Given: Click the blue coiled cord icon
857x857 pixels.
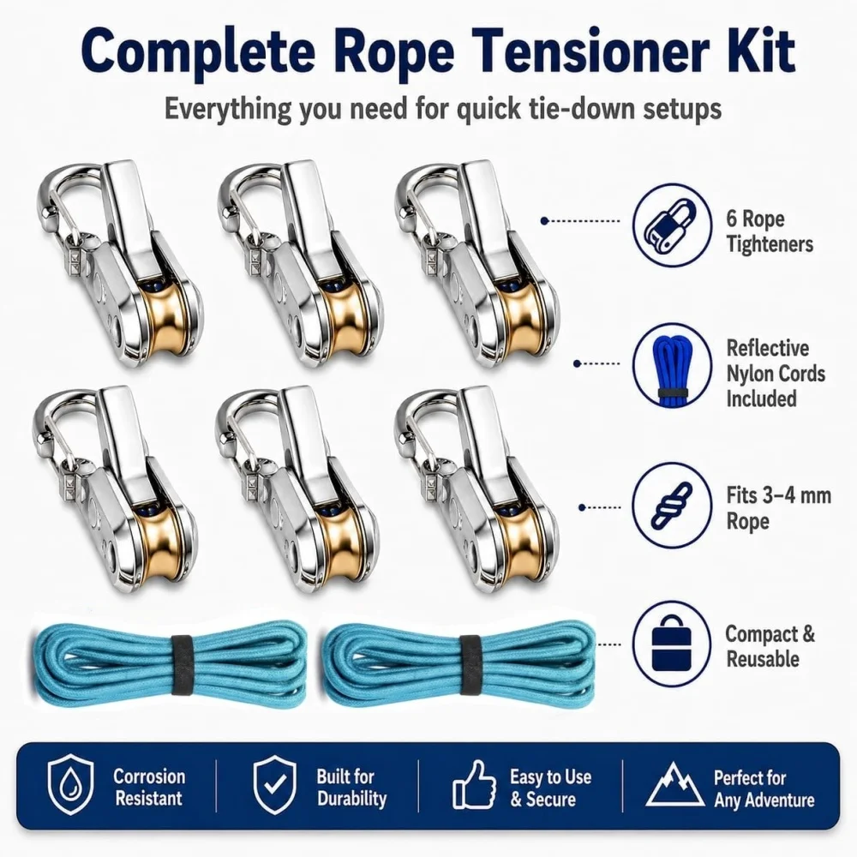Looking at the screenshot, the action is (x=672, y=365).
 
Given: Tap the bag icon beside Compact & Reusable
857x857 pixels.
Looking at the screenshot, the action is (x=672, y=644).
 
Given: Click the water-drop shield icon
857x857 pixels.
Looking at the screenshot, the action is (x=70, y=785).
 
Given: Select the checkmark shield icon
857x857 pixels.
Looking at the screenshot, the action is (x=275, y=785).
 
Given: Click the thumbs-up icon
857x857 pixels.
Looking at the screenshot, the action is (x=474, y=785).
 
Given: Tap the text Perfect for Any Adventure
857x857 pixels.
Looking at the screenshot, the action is (x=764, y=788).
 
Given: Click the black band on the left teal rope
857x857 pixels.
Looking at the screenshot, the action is (x=181, y=664).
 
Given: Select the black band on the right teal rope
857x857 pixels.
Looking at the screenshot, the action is (x=470, y=664).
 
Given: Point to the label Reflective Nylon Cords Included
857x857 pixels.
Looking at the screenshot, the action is (x=775, y=374).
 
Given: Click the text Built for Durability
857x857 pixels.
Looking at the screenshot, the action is (x=351, y=787).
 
